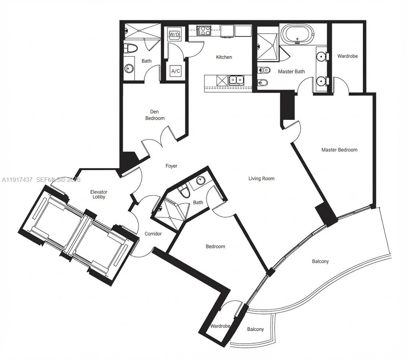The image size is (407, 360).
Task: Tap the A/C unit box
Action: pos(175,71)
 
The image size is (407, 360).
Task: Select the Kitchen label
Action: pos(224,57)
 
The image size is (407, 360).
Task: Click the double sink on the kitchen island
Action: pos(236,79)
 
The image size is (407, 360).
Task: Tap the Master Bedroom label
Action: pos(339,150)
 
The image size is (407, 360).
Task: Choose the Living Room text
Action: pos(261,179)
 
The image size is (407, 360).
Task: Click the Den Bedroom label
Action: pos(155,115)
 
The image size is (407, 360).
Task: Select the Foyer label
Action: pos(171,166)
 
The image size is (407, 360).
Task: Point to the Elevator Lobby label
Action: pos(99,194)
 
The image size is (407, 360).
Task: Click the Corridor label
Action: pos(153,233)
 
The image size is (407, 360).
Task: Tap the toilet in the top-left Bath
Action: pos(131,48)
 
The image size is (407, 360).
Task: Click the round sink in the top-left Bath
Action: pos(129,68)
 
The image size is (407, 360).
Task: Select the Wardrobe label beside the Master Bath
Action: pos(347,56)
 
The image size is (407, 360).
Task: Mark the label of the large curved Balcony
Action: pos(320,261)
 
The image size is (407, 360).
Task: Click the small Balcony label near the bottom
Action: pos(255,329)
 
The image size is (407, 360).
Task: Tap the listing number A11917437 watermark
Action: pos(17,180)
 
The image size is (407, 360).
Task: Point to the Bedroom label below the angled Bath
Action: pos(215,246)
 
